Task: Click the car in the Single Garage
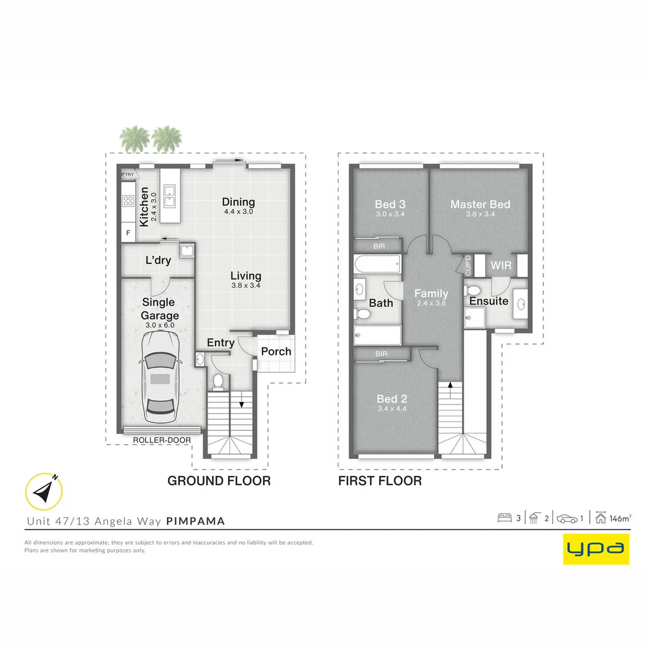[160, 379]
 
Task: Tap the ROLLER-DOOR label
[162, 440]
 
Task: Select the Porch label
[276, 351]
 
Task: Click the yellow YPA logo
[596, 549]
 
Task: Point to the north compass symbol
[44, 492]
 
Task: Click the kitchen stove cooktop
[128, 201]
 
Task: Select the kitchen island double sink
[170, 196]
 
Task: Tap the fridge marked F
[128, 232]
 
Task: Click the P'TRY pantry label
[128, 175]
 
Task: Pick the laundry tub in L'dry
[187, 250]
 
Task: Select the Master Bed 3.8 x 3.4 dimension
[480, 214]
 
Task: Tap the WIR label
[501, 265]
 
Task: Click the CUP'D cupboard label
[468, 266]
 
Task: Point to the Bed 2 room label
[392, 399]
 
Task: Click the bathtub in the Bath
[377, 264]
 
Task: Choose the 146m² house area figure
[620, 518]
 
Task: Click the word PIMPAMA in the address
[196, 521]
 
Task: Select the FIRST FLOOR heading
[380, 481]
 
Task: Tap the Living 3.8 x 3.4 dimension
[246, 285]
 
